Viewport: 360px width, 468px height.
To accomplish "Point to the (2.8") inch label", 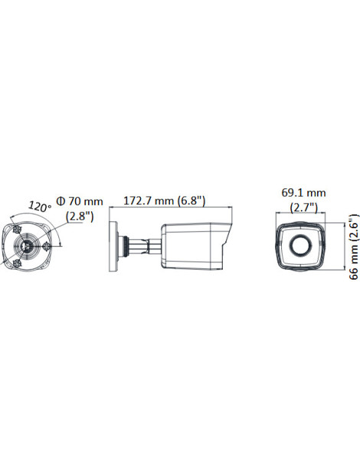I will [x=79, y=216].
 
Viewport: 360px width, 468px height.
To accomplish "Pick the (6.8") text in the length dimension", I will [x=191, y=201].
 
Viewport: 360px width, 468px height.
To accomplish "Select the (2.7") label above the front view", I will [x=303, y=207].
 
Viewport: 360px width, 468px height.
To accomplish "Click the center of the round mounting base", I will [x=28, y=246].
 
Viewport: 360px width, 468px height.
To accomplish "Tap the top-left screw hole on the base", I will [x=16, y=229].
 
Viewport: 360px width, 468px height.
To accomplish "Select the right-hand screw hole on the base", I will [x=47, y=245].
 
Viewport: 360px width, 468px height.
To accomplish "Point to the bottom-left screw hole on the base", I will [x=15, y=262].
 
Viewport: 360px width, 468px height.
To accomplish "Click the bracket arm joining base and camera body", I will [x=142, y=246].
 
